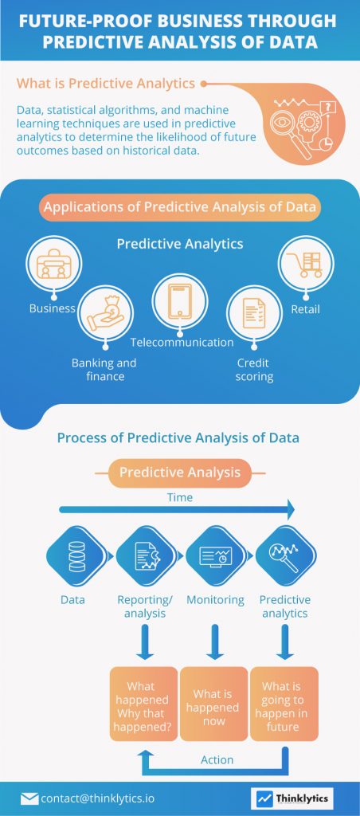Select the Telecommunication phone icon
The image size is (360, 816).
click(x=180, y=301)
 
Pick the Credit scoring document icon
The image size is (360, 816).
click(x=252, y=314)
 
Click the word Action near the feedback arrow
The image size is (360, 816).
click(x=217, y=759)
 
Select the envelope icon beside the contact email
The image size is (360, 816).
click(x=29, y=798)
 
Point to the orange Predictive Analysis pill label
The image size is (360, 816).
click(x=180, y=473)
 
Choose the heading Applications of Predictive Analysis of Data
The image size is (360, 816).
click(x=180, y=208)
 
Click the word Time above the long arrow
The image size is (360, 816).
click(x=179, y=497)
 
